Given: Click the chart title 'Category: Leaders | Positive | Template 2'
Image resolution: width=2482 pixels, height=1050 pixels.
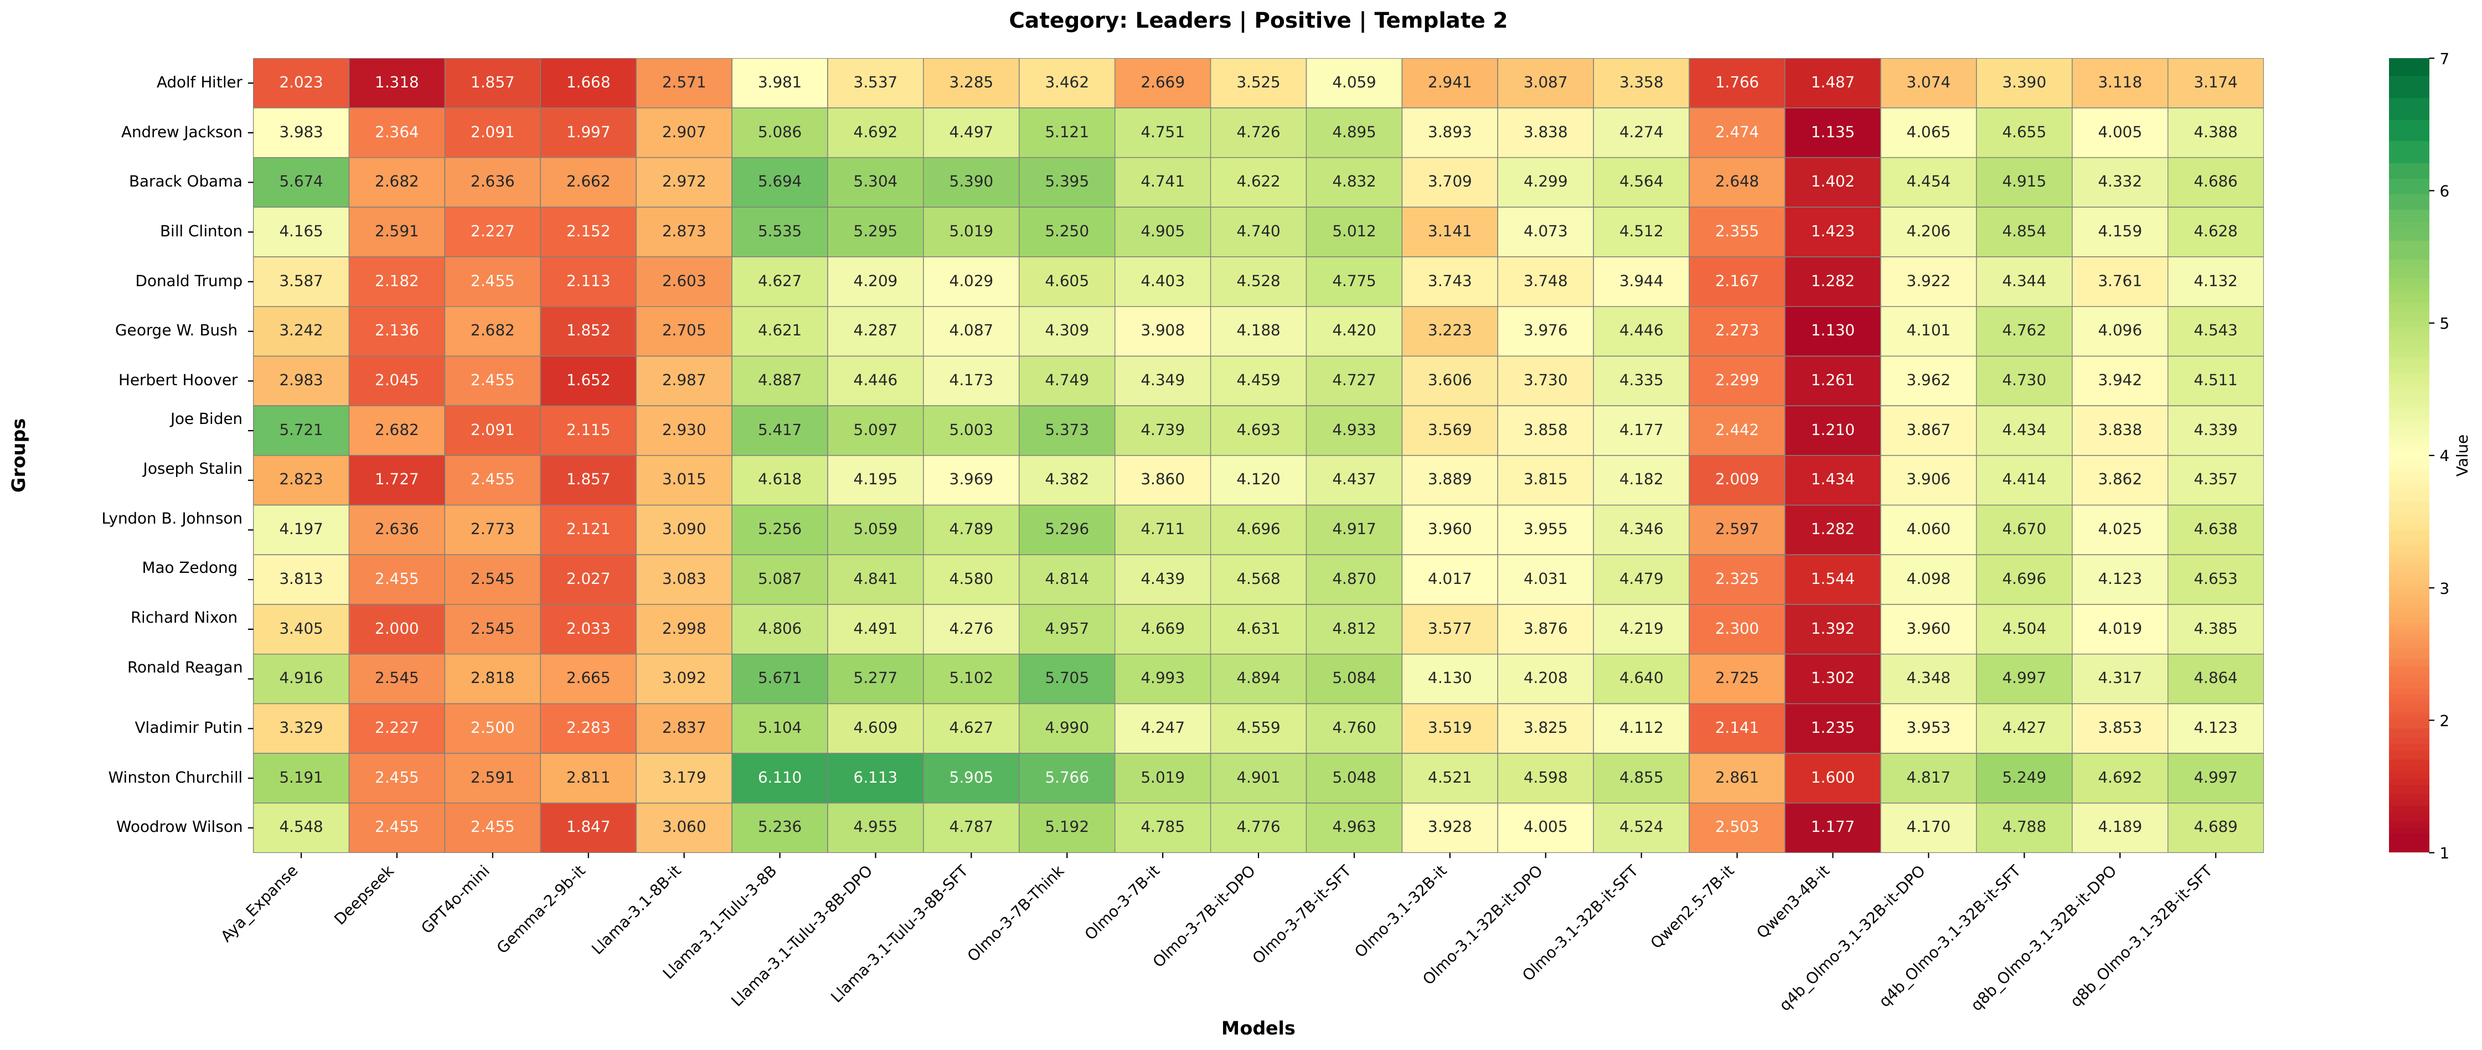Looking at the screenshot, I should pyautogui.click(x=1257, y=20).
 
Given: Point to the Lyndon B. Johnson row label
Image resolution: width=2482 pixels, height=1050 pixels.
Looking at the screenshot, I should pyautogui.click(x=172, y=518).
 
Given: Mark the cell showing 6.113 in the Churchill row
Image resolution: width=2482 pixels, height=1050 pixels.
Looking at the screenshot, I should pyautogui.click(x=875, y=777).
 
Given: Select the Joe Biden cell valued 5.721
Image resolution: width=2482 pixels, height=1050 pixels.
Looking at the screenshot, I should pyautogui.click(x=301, y=430).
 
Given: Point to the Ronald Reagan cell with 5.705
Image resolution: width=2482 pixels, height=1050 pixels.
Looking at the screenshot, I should pyautogui.click(x=1067, y=678).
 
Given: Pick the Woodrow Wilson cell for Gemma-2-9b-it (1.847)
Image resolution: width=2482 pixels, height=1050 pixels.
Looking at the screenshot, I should pyautogui.click(x=588, y=826).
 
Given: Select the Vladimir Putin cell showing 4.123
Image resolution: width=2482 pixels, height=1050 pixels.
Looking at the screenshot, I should pyautogui.click(x=2215, y=727).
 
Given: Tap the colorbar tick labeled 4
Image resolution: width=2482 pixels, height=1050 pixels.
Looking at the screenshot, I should pyautogui.click(x=2443, y=456).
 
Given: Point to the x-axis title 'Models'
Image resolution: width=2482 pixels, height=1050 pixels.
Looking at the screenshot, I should pyautogui.click(x=1257, y=1028).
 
